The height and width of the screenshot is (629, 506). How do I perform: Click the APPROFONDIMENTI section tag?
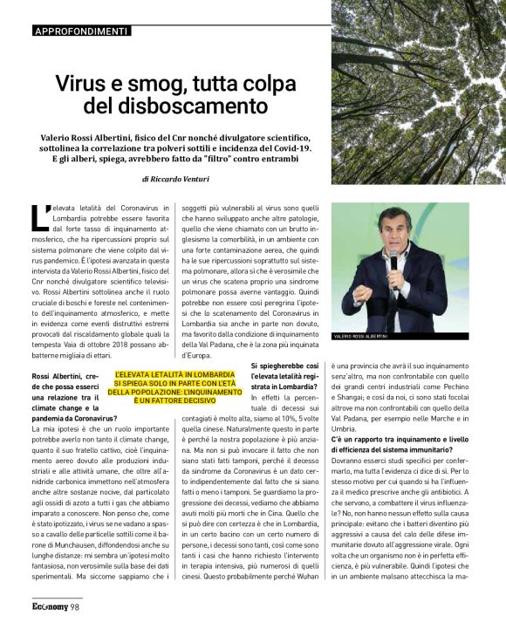(80, 31)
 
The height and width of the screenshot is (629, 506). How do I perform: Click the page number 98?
(76, 607)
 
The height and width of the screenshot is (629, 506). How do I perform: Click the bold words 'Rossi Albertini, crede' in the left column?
(72, 374)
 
